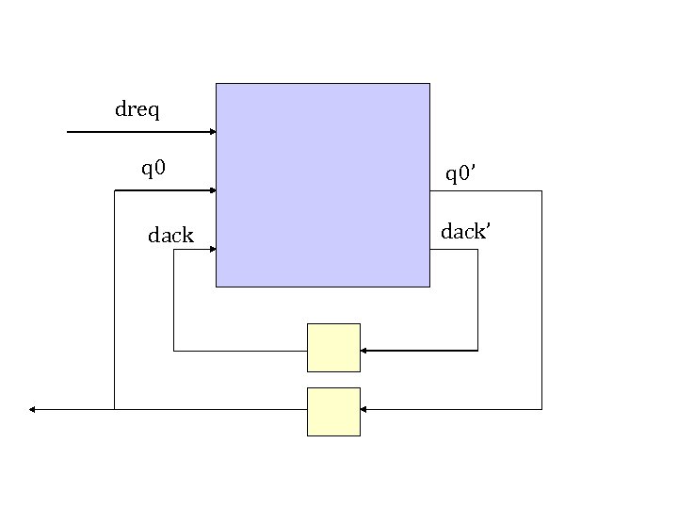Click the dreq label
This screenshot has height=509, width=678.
137,111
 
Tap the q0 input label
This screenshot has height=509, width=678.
153,170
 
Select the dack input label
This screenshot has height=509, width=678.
170,236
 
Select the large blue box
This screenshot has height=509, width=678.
323,185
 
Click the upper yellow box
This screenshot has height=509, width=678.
333,348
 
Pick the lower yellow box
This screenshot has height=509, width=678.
333,411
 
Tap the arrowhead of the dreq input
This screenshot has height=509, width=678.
212,132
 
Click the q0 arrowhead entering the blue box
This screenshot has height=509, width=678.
212,190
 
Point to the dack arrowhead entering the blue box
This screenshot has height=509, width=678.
212,250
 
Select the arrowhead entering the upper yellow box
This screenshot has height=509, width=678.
364,351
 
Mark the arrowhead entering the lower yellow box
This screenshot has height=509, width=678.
364,409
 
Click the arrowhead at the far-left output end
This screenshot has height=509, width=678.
33,409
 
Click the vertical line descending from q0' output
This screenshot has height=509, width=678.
541,302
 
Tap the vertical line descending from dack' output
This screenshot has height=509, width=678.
477,302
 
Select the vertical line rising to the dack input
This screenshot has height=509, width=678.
174,302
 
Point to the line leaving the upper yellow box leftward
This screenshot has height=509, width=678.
240,351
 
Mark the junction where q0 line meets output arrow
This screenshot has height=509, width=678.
114,409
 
